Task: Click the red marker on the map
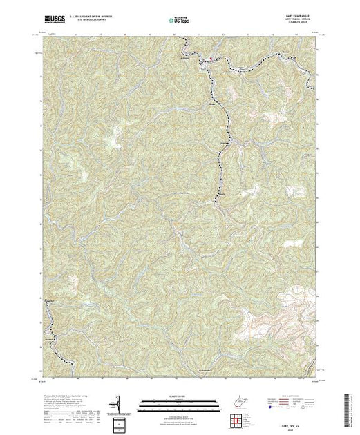[x=211, y=59]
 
